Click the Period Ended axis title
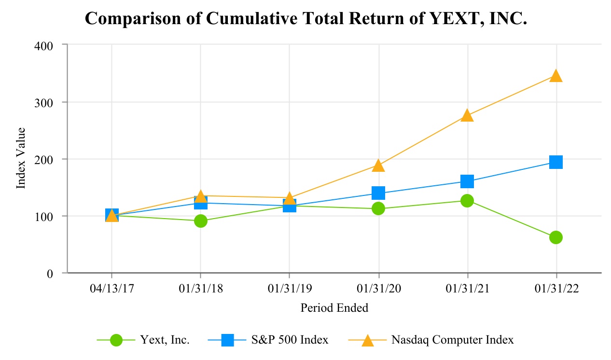[x=334, y=308]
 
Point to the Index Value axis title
[x=21, y=158]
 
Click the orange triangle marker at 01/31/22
[x=556, y=76]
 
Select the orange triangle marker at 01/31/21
[x=467, y=115]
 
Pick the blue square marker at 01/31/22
[x=556, y=162]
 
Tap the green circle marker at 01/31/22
[x=556, y=237]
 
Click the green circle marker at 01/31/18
[x=201, y=221]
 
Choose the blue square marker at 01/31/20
[x=378, y=193]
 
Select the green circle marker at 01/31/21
[x=467, y=201]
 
